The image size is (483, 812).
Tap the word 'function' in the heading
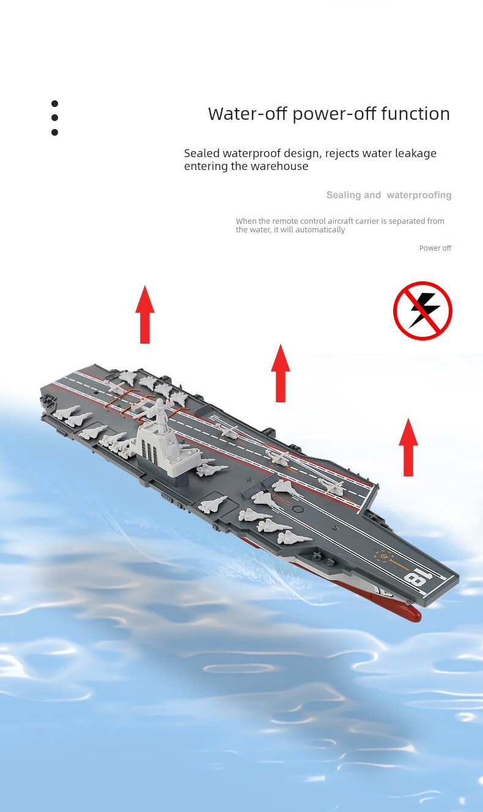[415, 114]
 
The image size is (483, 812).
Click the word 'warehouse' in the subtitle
[279, 166]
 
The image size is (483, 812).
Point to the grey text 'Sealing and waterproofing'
[388, 195]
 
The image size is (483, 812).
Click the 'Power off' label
[435, 248]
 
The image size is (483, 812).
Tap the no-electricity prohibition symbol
[422, 311]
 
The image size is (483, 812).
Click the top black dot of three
[54, 104]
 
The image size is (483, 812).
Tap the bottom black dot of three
[54, 132]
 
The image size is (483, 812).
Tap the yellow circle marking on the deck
[383, 556]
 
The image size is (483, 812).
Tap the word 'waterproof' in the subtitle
[251, 153]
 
